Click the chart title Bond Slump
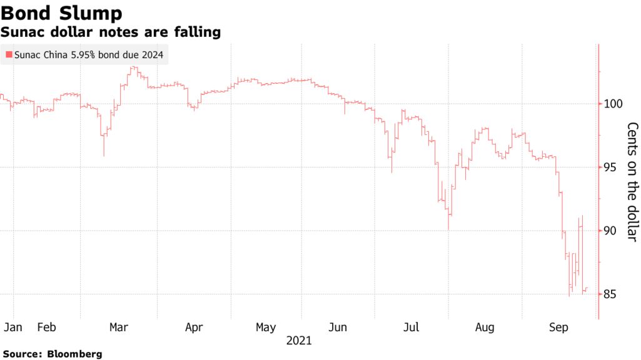coord(61,12)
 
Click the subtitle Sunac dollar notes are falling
coord(111,32)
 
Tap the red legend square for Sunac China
coord(8,55)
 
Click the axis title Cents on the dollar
coord(632,182)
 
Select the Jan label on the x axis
coord(13,327)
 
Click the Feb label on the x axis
coord(47,327)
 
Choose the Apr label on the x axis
coord(194,327)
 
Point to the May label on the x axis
coord(266,327)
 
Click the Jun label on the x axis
coord(338,327)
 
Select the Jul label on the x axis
coord(411,327)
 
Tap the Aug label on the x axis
coord(485,327)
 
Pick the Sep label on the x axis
coord(558,327)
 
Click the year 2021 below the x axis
coord(299,341)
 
